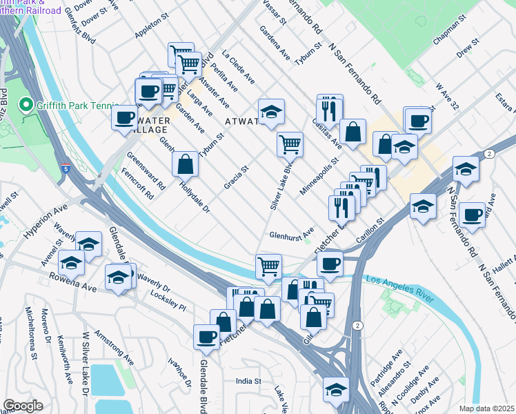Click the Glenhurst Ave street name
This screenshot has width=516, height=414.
pos(291,233)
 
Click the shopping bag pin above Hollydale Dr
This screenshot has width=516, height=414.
pos(185,165)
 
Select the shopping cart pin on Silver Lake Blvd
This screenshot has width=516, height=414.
pos(290,144)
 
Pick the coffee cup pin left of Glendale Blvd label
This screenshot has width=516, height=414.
pos(206,337)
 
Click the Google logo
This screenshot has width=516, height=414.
pos(23,406)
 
